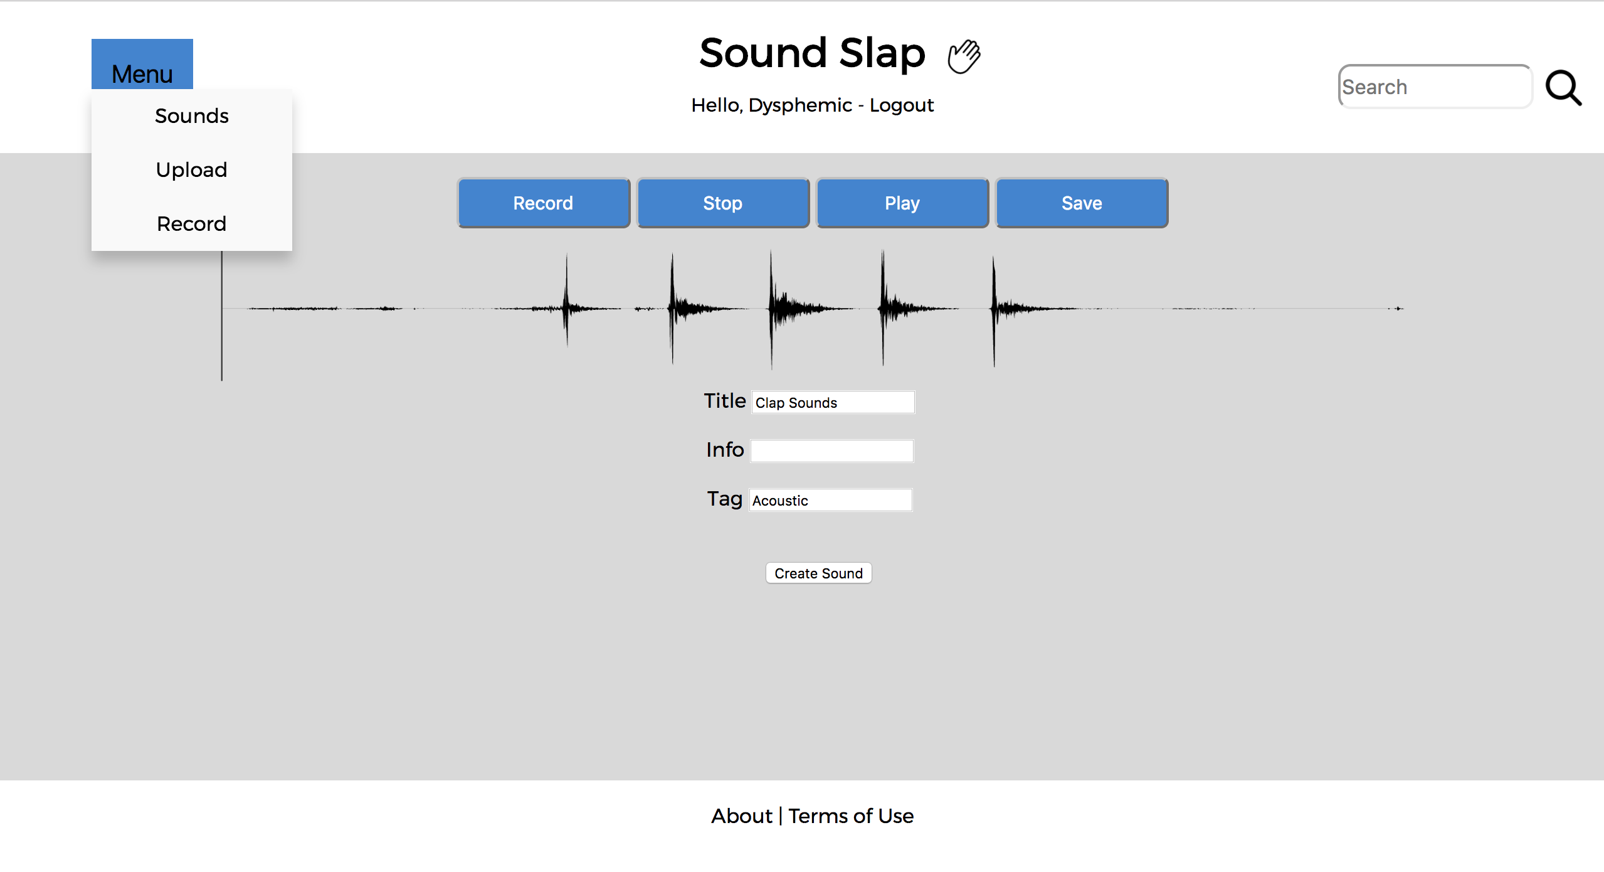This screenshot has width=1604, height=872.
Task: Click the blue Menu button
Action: (x=142, y=65)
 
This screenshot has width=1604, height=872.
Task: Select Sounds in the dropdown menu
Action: (x=192, y=116)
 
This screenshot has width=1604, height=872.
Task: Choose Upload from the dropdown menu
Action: (x=192, y=170)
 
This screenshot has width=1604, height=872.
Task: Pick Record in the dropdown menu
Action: (x=192, y=224)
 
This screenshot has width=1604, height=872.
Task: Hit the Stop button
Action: (x=723, y=203)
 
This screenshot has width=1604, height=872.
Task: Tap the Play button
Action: (x=902, y=203)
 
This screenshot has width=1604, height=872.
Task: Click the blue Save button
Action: (x=1082, y=203)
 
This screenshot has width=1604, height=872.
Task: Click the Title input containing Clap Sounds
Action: (x=833, y=402)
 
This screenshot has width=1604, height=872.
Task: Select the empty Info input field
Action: (x=832, y=451)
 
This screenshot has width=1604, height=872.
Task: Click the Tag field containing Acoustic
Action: (x=831, y=500)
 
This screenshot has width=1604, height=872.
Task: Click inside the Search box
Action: (x=1435, y=87)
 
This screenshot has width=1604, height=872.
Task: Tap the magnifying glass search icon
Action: (x=1563, y=88)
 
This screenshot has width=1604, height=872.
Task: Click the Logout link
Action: (x=902, y=105)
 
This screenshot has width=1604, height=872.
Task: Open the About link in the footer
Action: (x=742, y=816)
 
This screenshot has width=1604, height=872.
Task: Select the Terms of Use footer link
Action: (x=851, y=816)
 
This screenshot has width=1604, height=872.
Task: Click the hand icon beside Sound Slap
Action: (x=964, y=56)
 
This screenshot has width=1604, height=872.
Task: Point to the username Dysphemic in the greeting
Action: (x=800, y=105)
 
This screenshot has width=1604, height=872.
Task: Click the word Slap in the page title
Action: (x=882, y=53)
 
